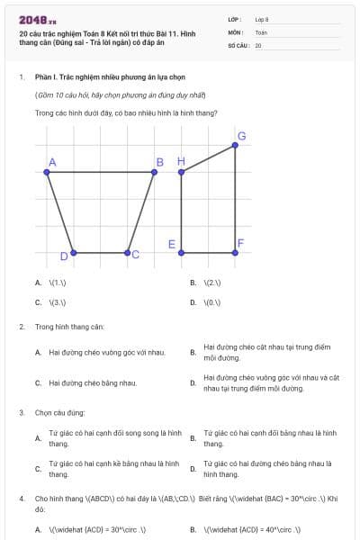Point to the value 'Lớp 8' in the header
[262, 19]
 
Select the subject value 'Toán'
[261, 31]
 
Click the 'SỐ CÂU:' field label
[238, 45]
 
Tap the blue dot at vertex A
[46, 171]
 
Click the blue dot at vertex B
[166, 171]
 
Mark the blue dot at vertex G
[236, 146]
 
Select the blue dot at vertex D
[73, 252]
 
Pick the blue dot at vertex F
[236, 252]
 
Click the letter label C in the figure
[136, 256]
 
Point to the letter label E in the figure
[171, 244]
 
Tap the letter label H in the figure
[180, 161]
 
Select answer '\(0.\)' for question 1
[212, 302]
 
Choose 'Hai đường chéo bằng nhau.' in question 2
[93, 383]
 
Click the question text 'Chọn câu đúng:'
[59, 412]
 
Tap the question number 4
[22, 497]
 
